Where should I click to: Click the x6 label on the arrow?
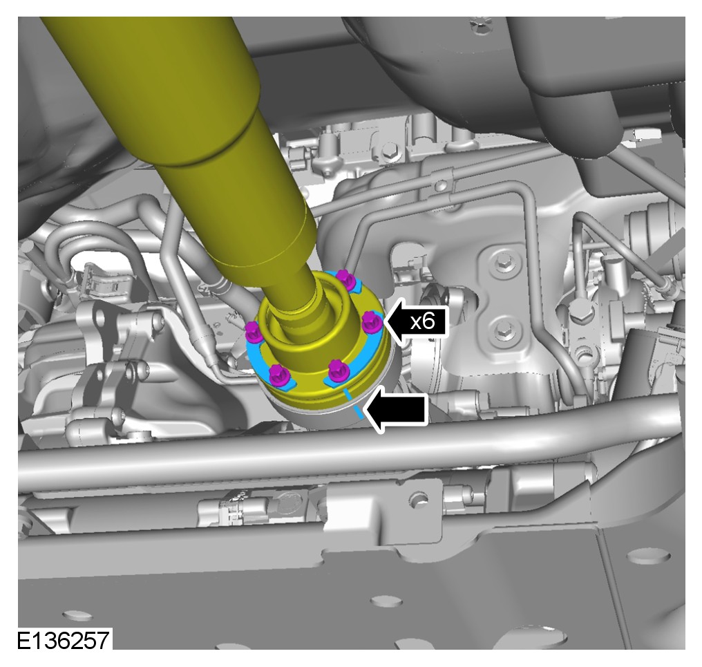click(423, 321)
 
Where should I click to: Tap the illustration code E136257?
click(63, 640)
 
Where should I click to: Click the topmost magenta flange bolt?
click(345, 279)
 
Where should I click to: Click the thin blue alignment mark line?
click(353, 404)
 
